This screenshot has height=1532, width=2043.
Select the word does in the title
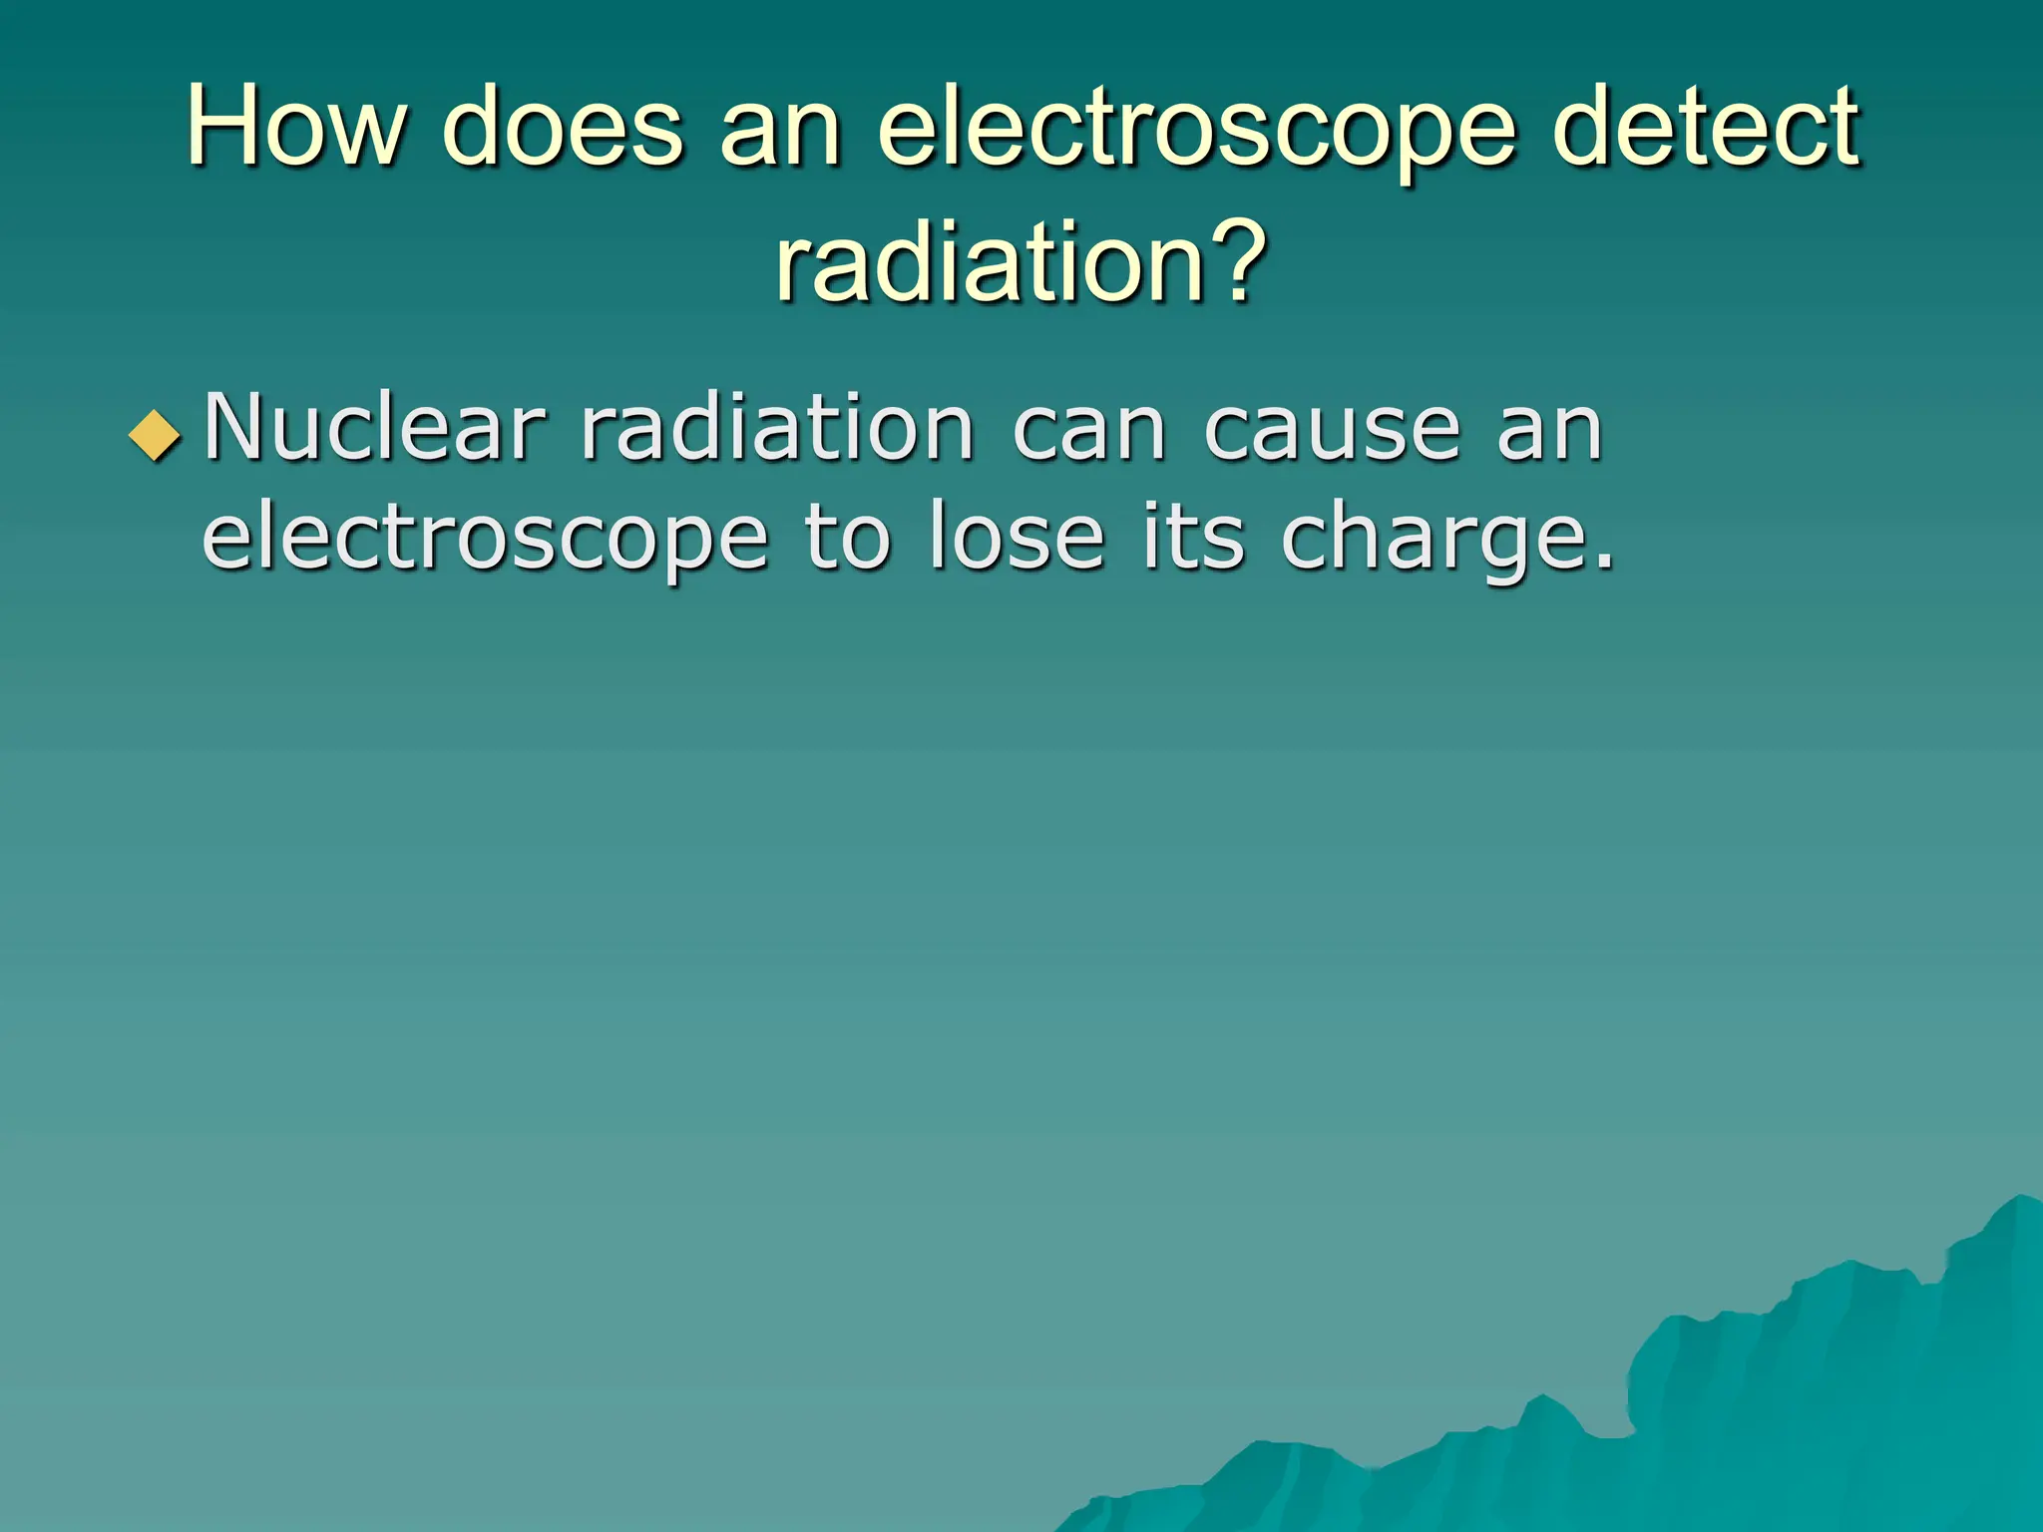tap(563, 127)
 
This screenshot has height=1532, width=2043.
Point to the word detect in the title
tap(1705, 127)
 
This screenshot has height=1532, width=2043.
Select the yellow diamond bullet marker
tap(156, 436)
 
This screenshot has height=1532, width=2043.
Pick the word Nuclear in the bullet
tap(374, 428)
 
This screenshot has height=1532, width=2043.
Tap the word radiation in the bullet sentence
tap(777, 428)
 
